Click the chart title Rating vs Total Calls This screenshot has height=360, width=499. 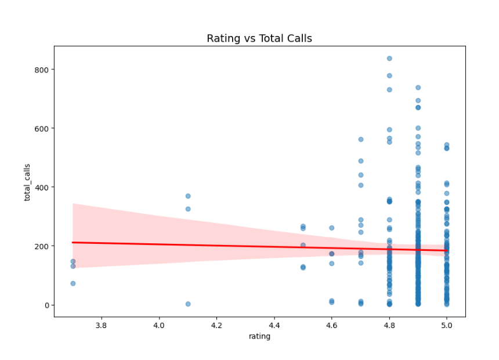click(x=259, y=39)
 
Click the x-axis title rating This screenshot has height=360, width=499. click(x=259, y=336)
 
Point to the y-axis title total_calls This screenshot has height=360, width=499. click(x=27, y=182)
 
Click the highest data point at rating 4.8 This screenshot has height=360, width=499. click(x=389, y=59)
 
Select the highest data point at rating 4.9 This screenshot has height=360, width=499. click(x=418, y=88)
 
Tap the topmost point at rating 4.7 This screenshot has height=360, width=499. click(x=360, y=139)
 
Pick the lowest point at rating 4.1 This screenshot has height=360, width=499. click(x=188, y=304)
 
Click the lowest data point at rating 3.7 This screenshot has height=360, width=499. click(x=73, y=283)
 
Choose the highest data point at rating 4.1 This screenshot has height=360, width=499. click(x=188, y=196)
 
